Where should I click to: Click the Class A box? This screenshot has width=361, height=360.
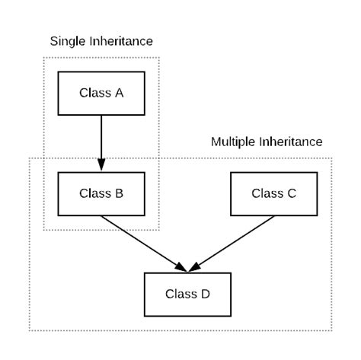101,94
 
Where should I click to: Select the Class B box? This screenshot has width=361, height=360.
101,194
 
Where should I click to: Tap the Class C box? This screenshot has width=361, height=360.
274,194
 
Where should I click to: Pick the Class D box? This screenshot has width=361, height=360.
187,295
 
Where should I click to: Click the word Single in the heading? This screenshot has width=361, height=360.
68,42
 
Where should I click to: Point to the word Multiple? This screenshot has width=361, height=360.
233,142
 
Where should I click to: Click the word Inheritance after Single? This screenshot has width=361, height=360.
121,41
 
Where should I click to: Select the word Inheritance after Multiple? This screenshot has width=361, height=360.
291,142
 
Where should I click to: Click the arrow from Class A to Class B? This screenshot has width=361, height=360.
101,143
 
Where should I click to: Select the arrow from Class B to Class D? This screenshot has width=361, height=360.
144,244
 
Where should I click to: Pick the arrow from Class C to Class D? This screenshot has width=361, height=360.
232,244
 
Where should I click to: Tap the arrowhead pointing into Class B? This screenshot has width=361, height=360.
101,164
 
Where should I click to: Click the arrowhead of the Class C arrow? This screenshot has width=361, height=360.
195,267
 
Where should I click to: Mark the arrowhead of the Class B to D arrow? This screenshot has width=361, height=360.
181,267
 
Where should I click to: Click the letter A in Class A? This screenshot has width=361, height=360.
120,93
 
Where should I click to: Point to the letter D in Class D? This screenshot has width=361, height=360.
206,294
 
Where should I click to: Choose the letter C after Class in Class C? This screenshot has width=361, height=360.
292,193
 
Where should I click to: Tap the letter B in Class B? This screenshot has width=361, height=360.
120,193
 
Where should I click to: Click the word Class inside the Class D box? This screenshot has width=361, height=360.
181,294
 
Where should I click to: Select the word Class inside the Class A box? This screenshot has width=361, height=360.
95,93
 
